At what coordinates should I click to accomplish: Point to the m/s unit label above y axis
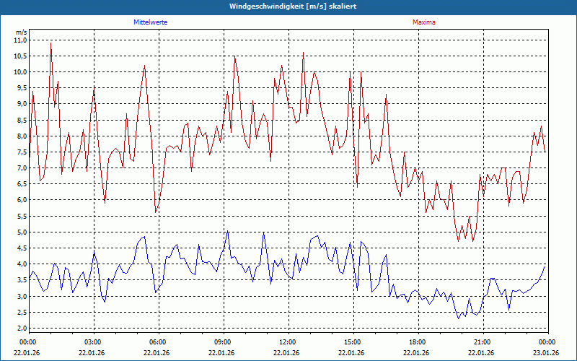[x=21, y=32]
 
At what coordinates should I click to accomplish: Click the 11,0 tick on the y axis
[x=20, y=40]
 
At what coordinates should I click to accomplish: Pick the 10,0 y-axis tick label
[x=20, y=72]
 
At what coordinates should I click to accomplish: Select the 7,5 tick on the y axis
[x=20, y=152]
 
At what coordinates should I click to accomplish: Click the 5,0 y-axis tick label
[x=20, y=232]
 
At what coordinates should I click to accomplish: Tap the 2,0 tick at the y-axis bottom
[x=20, y=329]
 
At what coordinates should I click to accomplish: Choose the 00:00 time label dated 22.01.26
[x=27, y=342]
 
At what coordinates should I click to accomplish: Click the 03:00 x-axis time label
[x=92, y=342]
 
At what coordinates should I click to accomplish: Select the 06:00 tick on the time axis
[x=157, y=342]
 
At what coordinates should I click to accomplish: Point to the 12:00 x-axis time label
[x=287, y=342]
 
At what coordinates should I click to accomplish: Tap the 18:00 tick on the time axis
[x=417, y=342]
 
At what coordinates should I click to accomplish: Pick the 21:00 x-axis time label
[x=482, y=342]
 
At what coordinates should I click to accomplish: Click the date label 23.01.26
[x=545, y=353]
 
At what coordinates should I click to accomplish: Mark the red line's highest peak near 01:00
[x=50, y=43]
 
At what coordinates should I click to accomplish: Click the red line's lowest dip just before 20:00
[x=459, y=240]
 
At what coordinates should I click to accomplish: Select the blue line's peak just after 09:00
[x=228, y=231]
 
